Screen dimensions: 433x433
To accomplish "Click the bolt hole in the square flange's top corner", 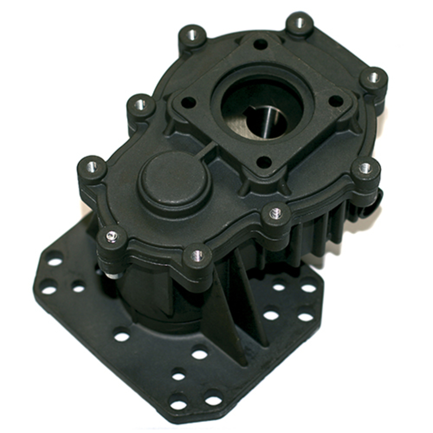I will (x=260, y=44).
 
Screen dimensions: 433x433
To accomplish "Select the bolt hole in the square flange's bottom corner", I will (x=264, y=163).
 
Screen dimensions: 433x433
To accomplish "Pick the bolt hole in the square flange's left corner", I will (x=188, y=103).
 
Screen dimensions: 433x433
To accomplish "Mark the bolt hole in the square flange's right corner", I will (x=336, y=101).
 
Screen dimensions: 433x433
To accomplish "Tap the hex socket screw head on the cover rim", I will (x=112, y=236).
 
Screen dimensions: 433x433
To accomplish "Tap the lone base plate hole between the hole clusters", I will (x=122, y=336).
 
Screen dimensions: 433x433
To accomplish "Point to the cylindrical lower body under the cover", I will (x=152, y=299).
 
